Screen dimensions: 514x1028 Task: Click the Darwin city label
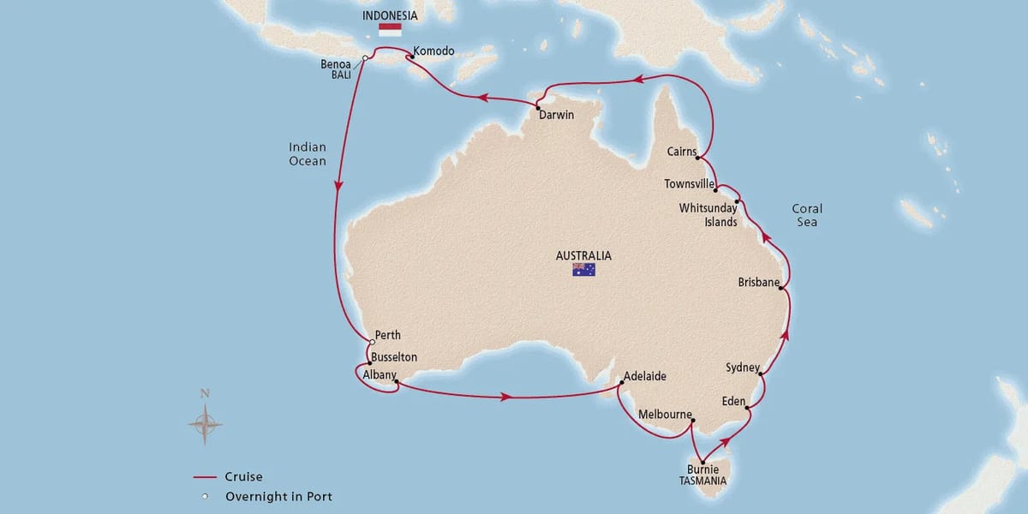point(557,116)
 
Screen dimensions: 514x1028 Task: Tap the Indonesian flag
point(390,28)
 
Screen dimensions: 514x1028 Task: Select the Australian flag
point(583,270)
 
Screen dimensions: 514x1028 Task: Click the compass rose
point(205,421)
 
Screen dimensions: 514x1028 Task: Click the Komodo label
point(433,51)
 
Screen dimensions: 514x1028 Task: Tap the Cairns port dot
point(699,158)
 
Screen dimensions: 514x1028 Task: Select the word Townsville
point(690,183)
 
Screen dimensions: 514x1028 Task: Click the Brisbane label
point(759,282)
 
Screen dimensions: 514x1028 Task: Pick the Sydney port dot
point(761,373)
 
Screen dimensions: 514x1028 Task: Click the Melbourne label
point(665,415)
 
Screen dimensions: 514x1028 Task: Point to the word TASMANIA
point(702,481)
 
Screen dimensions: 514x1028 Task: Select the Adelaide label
point(645,376)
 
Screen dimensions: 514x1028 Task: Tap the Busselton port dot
point(369,363)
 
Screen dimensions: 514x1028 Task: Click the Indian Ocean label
point(308,154)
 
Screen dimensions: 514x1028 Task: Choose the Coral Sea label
point(806,215)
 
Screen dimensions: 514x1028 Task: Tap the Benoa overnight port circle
point(365,58)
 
